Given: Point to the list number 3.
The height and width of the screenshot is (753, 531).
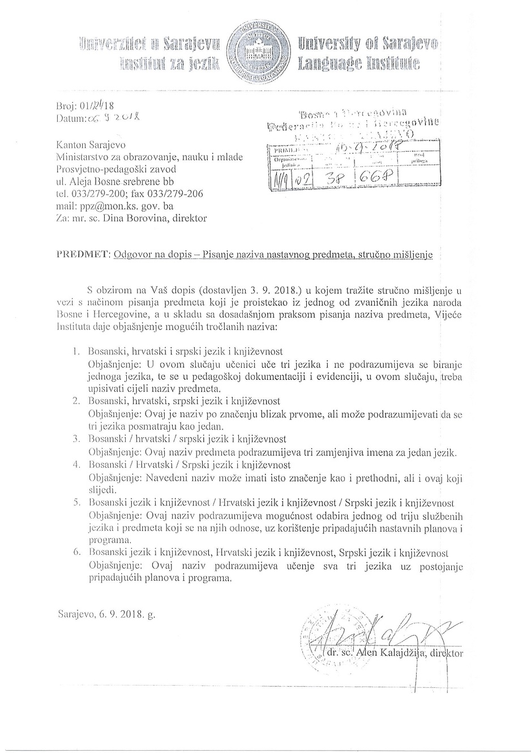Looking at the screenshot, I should click(76, 439).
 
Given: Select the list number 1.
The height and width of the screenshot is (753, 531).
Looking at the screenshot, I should click(76, 351).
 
